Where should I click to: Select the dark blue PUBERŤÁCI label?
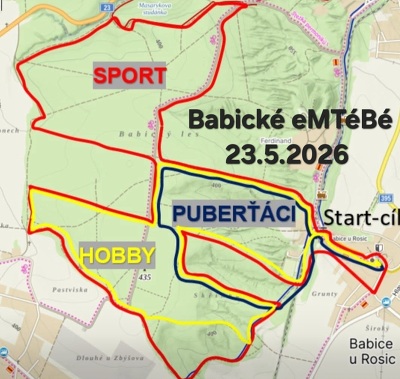[233, 214]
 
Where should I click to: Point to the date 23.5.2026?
[286, 156]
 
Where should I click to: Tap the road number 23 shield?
[108, 7]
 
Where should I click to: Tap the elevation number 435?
[146, 275]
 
